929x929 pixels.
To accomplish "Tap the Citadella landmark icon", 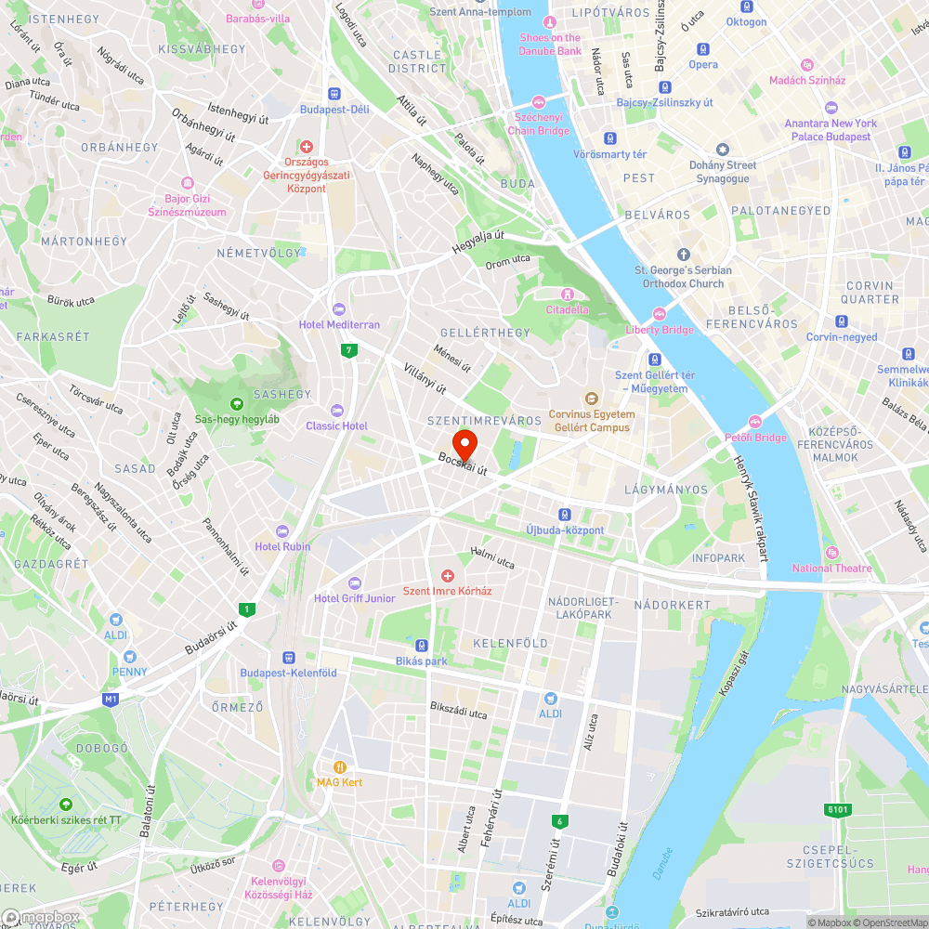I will point(567,294).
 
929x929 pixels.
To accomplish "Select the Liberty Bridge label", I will point(660,330).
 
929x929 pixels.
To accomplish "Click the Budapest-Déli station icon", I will point(334,94).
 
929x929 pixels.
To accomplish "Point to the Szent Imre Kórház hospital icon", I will point(447,577).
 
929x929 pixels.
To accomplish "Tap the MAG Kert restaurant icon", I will point(339,767).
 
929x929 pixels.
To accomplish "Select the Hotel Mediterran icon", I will point(338,309).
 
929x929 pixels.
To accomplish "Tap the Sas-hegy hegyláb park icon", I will point(237,404).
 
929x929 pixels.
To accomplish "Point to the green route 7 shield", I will point(348,350).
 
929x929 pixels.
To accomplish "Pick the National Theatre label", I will point(831,568).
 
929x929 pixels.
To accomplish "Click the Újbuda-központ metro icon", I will point(564,515).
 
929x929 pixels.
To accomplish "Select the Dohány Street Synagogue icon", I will point(722,150).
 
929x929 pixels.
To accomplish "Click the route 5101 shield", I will point(837,810).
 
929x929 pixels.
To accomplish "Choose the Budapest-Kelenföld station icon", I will point(288,657).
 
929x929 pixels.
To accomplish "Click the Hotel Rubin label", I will point(282,546).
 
